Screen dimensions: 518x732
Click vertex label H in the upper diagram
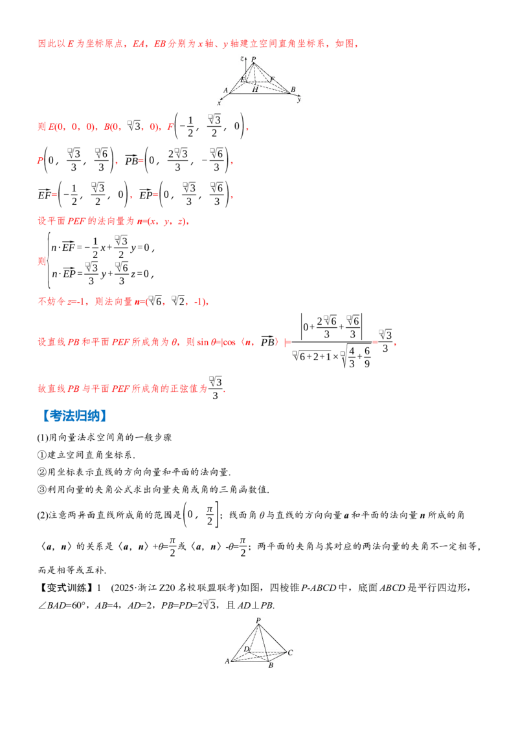pos(255,89)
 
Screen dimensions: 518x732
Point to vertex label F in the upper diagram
pos(272,80)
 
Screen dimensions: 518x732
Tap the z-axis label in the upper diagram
pos(242,58)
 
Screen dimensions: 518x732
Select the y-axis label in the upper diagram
pos(298,99)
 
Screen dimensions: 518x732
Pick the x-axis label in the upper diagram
pos(219,103)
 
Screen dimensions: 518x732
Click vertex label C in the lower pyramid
pos(290,652)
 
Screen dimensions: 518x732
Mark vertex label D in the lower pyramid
pos(247,649)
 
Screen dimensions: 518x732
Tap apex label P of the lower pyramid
pos(258,620)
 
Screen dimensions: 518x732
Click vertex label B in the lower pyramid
pos(271,665)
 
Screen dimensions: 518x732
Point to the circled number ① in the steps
pos(42,455)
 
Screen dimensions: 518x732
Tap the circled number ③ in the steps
pos(42,490)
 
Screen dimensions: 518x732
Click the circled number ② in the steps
pos(42,472)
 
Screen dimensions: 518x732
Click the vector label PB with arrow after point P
pos(132,160)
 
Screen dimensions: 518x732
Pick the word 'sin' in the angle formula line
pos(203,342)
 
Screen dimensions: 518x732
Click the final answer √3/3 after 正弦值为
pos(215,388)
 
